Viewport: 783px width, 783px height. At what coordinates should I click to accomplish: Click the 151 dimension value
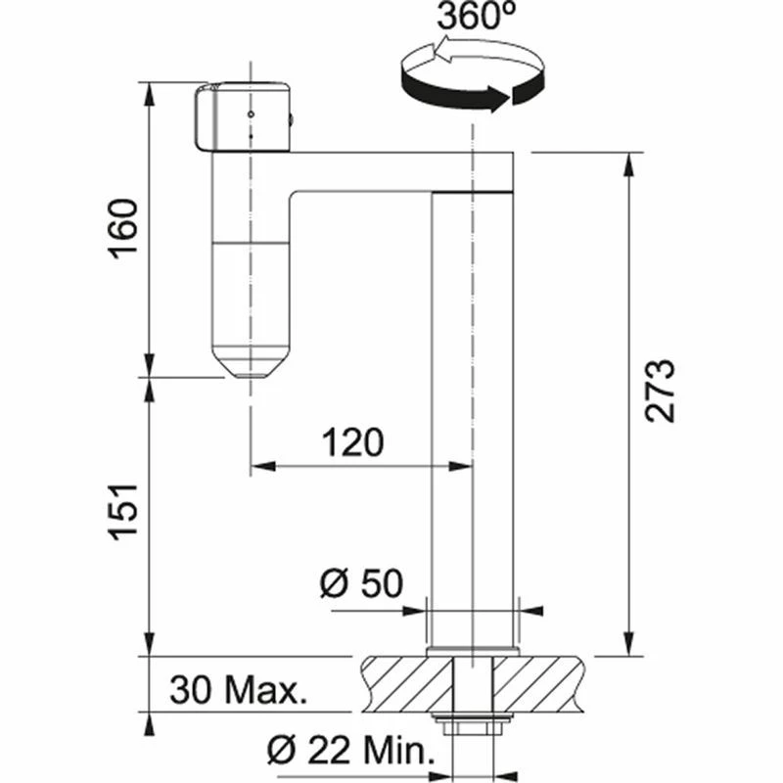coord(123,515)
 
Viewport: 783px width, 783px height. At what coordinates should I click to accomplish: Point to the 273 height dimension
coord(661,391)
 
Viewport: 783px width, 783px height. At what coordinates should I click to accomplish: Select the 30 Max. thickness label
coord(238,691)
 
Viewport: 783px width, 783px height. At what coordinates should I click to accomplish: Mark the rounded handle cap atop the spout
coord(243,117)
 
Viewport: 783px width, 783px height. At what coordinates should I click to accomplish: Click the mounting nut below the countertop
coord(474,726)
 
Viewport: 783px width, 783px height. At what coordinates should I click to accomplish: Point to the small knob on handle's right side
coord(293,120)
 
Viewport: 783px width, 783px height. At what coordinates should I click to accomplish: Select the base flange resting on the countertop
coord(473,650)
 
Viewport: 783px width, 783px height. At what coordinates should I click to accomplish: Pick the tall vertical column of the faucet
coord(473,411)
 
